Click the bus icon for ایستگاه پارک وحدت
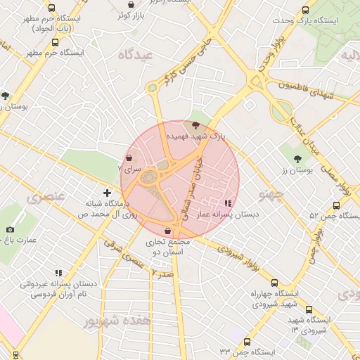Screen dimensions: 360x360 pos(305,10)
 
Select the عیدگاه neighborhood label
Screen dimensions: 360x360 pos(136,55)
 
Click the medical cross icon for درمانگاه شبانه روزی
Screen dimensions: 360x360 pos(107,192)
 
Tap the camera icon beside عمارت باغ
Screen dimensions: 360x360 pos(10,229)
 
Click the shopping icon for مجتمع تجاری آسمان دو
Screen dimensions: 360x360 pos(167,230)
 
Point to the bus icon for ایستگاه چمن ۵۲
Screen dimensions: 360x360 pos(336,206)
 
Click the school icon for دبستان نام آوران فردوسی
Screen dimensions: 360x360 pos(59,272)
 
